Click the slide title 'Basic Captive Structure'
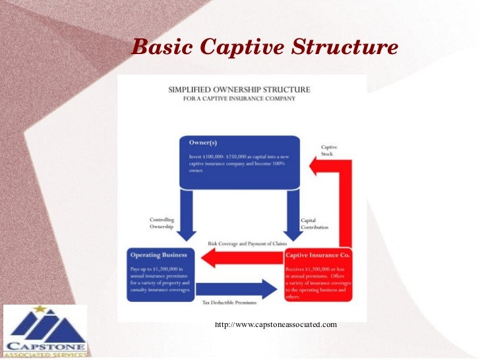(264, 47)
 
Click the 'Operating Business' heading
(159, 254)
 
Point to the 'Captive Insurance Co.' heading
(318, 254)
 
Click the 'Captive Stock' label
(328, 150)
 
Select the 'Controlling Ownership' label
(161, 223)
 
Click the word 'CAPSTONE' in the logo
(45, 347)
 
